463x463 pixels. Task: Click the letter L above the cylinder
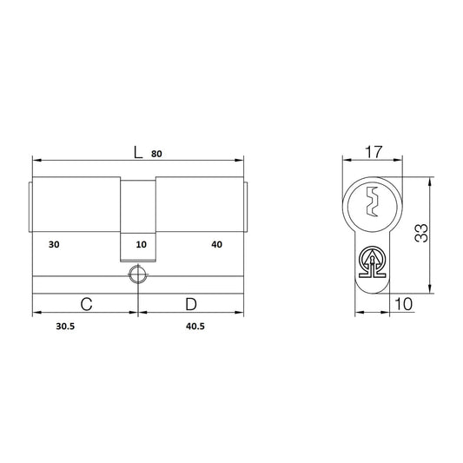coord(138,153)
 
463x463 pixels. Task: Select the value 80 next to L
coord(156,154)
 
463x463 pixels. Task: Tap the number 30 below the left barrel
coord(54,244)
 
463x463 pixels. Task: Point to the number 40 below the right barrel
coord(217,244)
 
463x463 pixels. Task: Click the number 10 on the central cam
coord(141,244)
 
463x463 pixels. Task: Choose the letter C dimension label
coord(86,304)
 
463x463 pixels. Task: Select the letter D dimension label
coord(191,304)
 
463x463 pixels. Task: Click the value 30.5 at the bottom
coord(65,327)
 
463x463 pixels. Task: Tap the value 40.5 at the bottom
coord(195,327)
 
